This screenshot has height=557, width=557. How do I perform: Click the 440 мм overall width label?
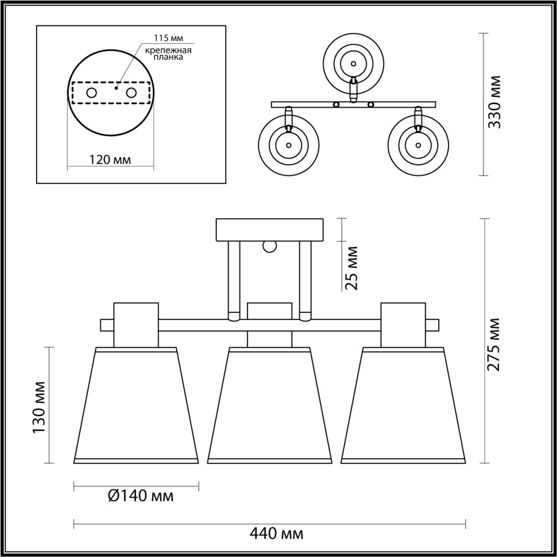(278, 535)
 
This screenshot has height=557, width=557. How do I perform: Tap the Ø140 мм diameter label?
(140, 495)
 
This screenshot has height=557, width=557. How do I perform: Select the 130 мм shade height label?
(38, 407)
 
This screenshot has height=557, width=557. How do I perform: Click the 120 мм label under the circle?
(110, 159)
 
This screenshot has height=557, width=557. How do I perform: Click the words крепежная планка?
(168, 54)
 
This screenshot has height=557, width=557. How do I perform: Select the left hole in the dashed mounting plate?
(91, 92)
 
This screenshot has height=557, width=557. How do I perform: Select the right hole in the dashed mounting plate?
(131, 92)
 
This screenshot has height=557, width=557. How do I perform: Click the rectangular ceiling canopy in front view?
(269, 230)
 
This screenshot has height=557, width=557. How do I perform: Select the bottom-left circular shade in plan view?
(287, 144)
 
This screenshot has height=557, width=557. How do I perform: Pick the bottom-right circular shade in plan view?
(417, 144)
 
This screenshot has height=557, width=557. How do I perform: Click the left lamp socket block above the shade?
(136, 325)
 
